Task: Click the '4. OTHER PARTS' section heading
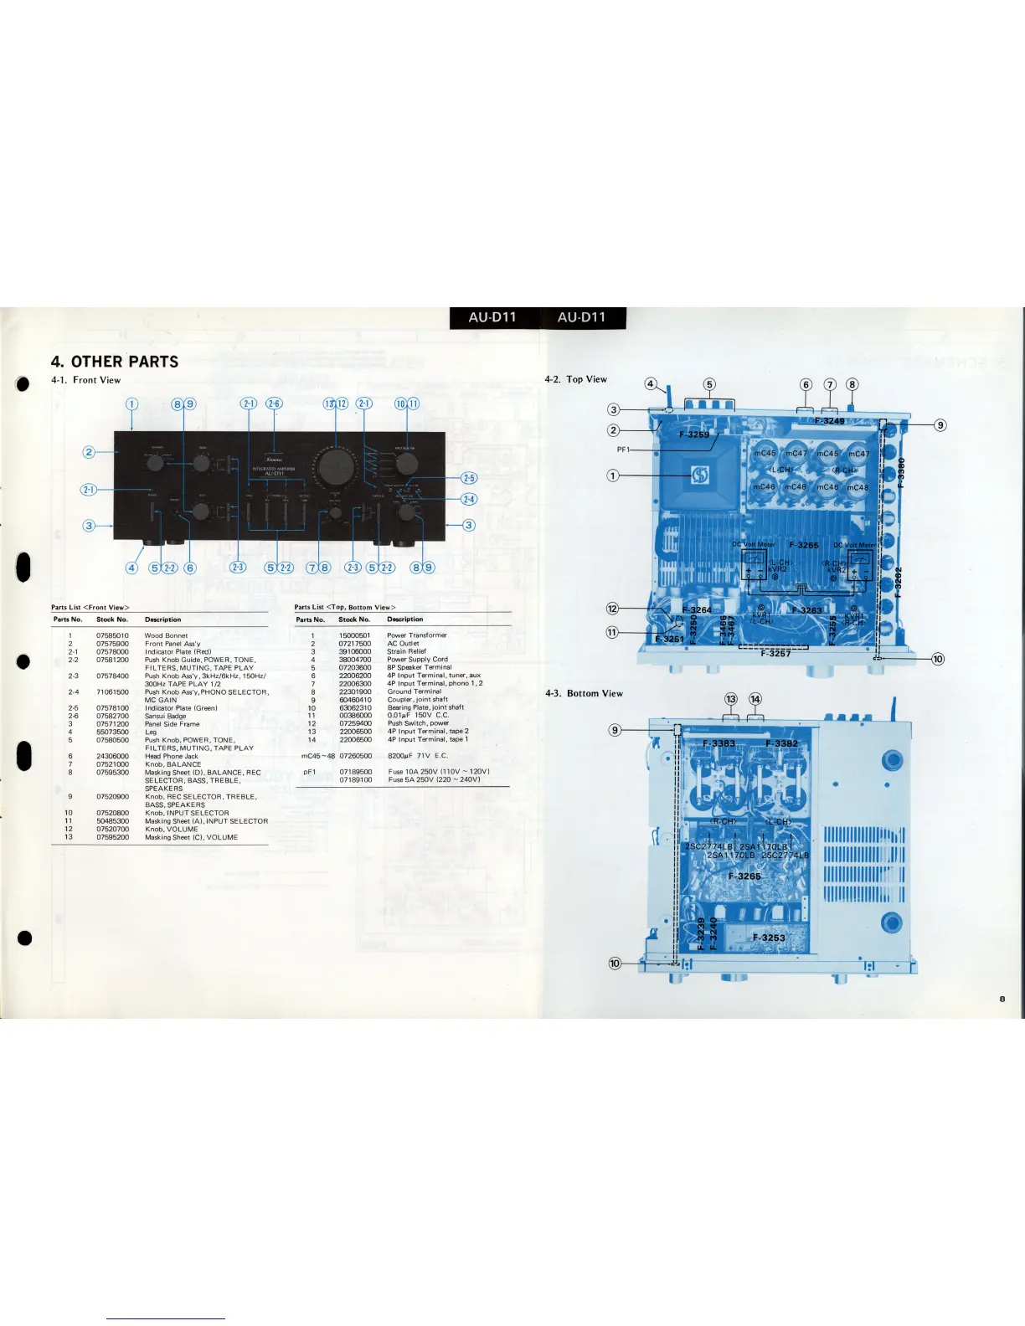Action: click(x=115, y=362)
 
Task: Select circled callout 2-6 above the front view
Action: click(x=274, y=403)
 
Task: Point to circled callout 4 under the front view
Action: click(x=131, y=568)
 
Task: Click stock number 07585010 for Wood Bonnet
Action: click(x=112, y=635)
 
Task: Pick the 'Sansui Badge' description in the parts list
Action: click(x=165, y=716)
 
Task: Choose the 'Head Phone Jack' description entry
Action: click(x=171, y=756)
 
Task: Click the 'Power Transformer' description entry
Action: click(x=417, y=635)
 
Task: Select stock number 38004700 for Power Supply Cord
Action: click(x=354, y=660)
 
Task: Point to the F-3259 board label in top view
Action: click(x=693, y=434)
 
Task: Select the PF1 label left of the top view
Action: click(x=623, y=450)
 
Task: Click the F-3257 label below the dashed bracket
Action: click(x=775, y=653)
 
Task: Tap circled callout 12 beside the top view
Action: click(x=612, y=609)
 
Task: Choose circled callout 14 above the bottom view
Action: click(x=755, y=699)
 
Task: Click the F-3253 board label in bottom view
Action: click(x=769, y=938)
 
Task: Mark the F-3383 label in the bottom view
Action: click(x=719, y=743)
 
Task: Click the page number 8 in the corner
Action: click(x=1002, y=999)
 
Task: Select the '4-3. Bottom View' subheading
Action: click(x=584, y=693)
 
